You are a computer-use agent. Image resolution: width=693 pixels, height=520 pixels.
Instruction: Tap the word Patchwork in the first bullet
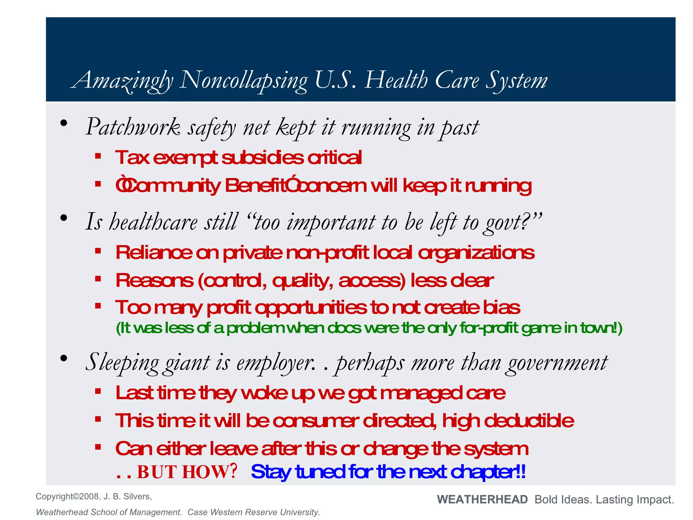pos(133,127)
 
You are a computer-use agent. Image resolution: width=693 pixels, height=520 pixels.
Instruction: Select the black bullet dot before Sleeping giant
pos(64,359)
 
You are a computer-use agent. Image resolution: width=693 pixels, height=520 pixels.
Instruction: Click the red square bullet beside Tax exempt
pos(98,156)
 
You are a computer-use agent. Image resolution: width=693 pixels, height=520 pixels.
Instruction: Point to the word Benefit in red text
pos(255,186)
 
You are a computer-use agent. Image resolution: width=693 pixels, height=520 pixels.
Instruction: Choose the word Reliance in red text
pos(154,253)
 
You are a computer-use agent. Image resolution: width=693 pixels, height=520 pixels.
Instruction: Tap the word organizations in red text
pos(476,253)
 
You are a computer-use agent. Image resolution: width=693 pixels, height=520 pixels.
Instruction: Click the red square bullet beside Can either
pos(98,447)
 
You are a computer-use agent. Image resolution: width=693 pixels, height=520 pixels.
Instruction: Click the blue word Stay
pos(271,472)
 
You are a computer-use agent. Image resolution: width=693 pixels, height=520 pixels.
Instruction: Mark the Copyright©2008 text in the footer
pos(68,496)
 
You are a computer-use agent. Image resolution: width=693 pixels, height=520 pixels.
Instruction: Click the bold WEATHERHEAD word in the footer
pos(482,499)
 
